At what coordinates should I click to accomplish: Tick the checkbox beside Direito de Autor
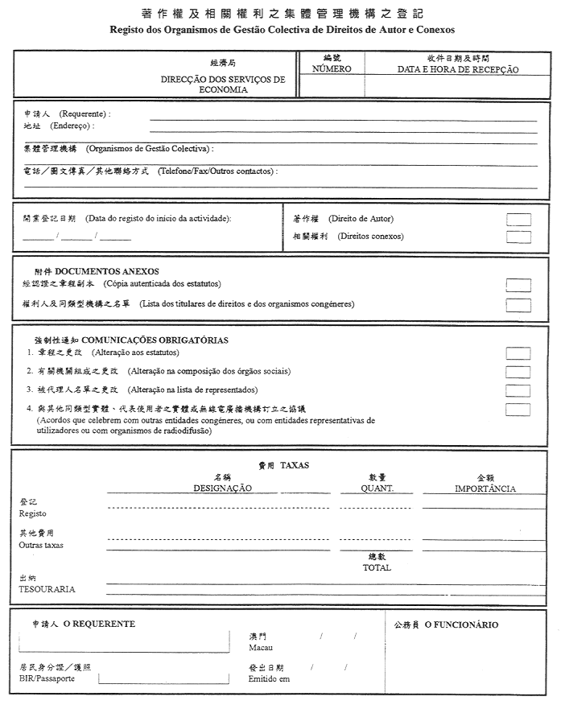click(518, 220)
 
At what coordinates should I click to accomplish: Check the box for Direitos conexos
click(518, 237)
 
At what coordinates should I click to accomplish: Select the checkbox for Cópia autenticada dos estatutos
click(518, 285)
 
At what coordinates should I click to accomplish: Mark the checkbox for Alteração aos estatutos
click(518, 353)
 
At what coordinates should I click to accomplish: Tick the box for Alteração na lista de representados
click(518, 390)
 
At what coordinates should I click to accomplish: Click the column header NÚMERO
click(332, 69)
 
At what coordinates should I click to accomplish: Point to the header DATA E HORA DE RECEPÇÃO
click(458, 69)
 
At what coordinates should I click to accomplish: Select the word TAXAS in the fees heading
click(295, 465)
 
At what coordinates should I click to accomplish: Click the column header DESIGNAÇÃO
click(222, 488)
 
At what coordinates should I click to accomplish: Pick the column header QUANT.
click(377, 488)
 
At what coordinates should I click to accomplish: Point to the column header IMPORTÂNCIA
click(485, 488)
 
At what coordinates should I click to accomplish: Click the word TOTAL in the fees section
click(377, 567)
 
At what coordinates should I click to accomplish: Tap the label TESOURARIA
click(47, 589)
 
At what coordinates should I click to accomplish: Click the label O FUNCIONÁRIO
click(461, 625)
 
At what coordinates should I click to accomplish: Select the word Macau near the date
click(261, 648)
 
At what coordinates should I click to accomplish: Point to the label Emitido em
click(269, 679)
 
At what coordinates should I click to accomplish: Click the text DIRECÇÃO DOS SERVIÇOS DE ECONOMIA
click(223, 85)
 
